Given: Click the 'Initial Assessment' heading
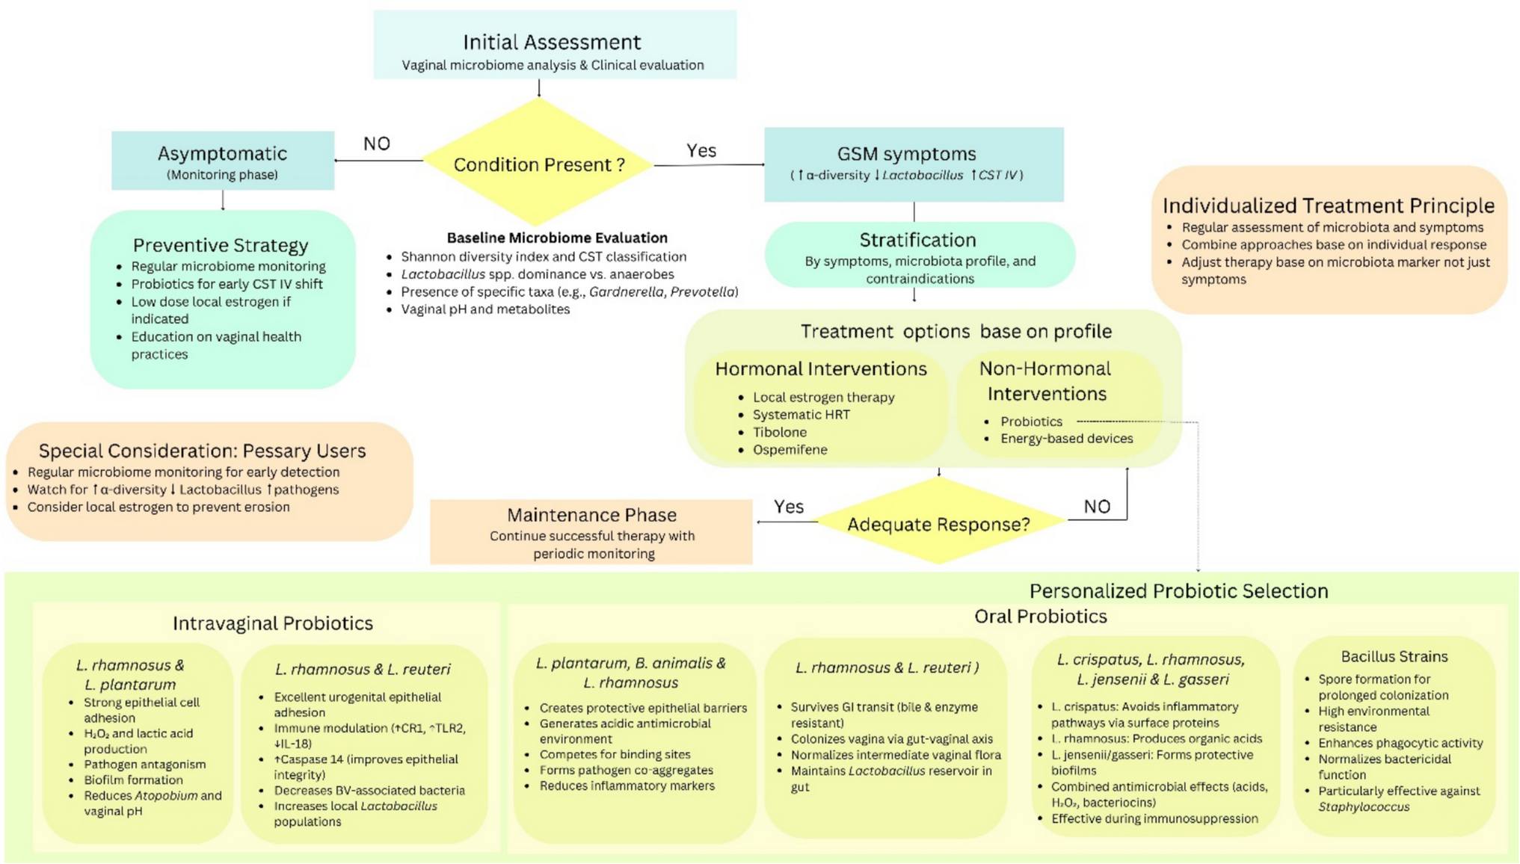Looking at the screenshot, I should tap(552, 42).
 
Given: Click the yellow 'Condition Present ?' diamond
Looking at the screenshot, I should tap(538, 164).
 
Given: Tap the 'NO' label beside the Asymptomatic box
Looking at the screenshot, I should tap(377, 144).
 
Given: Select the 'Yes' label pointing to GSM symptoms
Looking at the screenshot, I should tap(701, 150).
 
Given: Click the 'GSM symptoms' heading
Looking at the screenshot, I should tap(906, 154).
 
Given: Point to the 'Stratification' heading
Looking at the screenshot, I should tap(917, 240).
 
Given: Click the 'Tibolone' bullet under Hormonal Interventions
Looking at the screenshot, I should tap(780, 432).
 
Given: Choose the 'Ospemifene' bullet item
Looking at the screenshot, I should tap(790, 450).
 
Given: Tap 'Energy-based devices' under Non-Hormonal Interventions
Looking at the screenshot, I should tap(1067, 439).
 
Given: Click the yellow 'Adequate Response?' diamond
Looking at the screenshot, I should tap(938, 524).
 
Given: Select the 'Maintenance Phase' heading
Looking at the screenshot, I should tap(591, 515).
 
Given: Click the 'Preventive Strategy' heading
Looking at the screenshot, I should tap(221, 245).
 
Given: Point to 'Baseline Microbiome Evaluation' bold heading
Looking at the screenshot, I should tap(557, 238).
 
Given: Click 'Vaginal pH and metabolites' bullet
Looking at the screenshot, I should tap(485, 309).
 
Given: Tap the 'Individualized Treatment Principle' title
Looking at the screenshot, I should tap(1328, 206).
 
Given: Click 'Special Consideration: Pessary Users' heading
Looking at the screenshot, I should tap(202, 451).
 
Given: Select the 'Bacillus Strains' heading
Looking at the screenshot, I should tap(1394, 656).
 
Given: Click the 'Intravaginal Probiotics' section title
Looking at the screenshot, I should tap(273, 623).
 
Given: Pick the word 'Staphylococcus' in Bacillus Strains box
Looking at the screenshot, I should tap(1364, 807).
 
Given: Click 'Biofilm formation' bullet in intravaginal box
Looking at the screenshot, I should tap(133, 780).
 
